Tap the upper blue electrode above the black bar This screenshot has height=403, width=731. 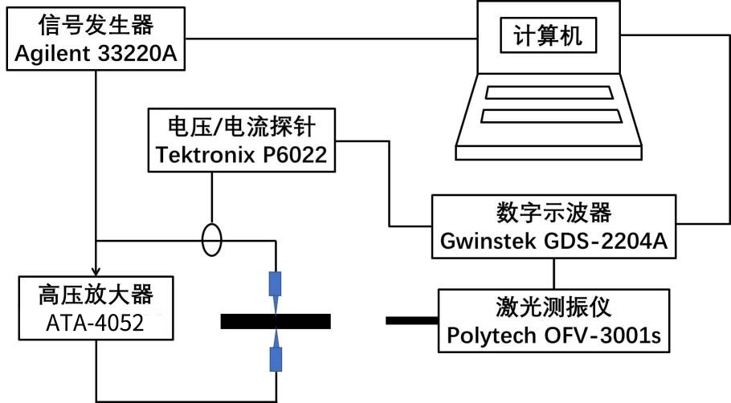[x=276, y=287]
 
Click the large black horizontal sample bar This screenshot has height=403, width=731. [x=275, y=321]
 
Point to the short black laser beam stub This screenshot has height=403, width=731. [x=411, y=321]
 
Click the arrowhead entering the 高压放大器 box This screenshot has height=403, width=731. [x=96, y=271]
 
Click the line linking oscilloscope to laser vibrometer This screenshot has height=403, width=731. [x=553, y=273]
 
